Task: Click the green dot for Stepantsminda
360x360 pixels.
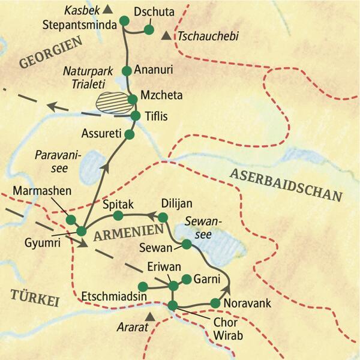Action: pyautogui.click(x=125, y=22)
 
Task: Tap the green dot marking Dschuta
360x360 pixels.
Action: pyautogui.click(x=149, y=30)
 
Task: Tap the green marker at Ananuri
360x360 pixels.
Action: pyautogui.click(x=127, y=71)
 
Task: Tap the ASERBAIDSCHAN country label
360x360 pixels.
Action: pyautogui.click(x=285, y=184)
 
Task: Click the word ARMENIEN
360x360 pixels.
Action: pyautogui.click(x=127, y=232)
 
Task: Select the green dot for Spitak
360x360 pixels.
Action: pyautogui.click(x=118, y=215)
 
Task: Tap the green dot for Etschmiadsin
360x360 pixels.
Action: pyautogui.click(x=143, y=286)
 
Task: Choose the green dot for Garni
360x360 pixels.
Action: pyautogui.click(x=187, y=279)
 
